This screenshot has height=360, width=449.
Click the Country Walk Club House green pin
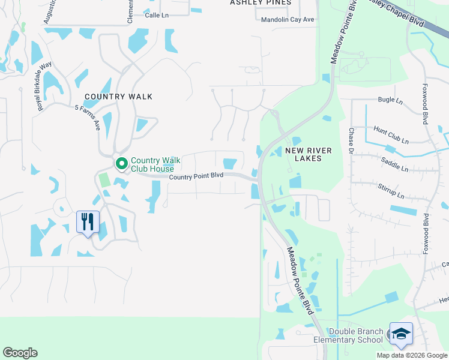point(121,163)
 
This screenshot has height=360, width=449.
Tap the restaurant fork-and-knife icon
point(88,221)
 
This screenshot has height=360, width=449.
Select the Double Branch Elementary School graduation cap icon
point(401,334)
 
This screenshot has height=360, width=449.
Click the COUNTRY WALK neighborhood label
point(118,97)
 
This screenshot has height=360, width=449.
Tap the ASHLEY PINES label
point(261,3)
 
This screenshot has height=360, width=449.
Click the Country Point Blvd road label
point(196,176)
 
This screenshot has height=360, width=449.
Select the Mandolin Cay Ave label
point(288,20)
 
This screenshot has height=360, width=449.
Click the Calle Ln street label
point(156,16)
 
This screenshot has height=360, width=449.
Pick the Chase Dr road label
point(351,140)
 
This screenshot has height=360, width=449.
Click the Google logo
point(20,353)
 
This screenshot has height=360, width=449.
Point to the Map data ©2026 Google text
point(412,355)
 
